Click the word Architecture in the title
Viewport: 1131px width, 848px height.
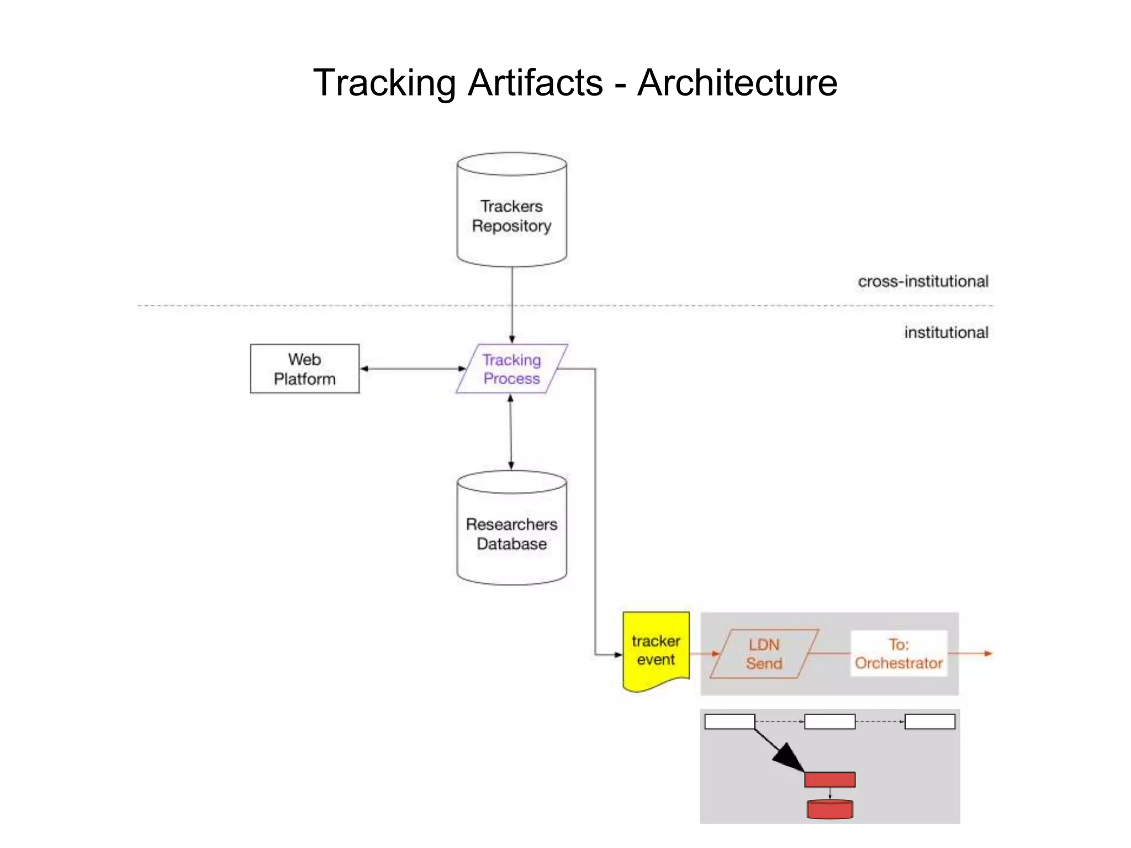click(737, 83)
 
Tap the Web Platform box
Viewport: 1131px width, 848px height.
click(304, 369)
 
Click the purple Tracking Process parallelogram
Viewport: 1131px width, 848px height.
click(511, 369)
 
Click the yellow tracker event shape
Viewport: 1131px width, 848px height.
click(656, 650)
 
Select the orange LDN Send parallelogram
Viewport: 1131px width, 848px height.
click(764, 654)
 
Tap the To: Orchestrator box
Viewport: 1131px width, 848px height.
click(899, 654)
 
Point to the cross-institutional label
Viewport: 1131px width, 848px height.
click(923, 282)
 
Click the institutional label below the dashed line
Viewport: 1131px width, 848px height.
click(946, 332)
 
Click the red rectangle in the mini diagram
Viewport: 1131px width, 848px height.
click(829, 780)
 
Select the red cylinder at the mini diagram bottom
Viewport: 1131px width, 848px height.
click(829, 809)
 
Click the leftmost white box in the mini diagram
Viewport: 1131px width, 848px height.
click(730, 722)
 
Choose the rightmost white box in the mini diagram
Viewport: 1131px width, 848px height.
click(929, 722)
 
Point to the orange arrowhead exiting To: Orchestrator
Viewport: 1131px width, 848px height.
click(987, 654)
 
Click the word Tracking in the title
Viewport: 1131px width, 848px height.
click(384, 83)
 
